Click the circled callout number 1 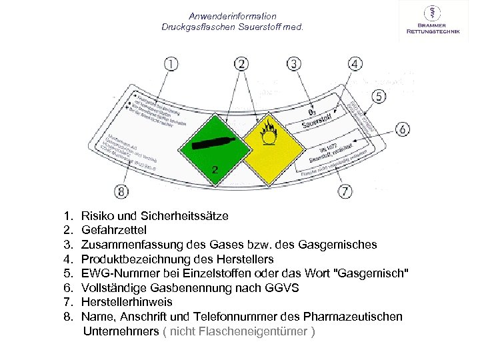[171, 64]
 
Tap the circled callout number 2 [242, 64]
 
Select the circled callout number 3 [295, 64]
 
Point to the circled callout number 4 [355, 64]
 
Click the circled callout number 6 [403, 129]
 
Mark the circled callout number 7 [345, 191]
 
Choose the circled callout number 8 [121, 191]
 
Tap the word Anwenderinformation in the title [232, 16]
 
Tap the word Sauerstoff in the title [257, 27]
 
